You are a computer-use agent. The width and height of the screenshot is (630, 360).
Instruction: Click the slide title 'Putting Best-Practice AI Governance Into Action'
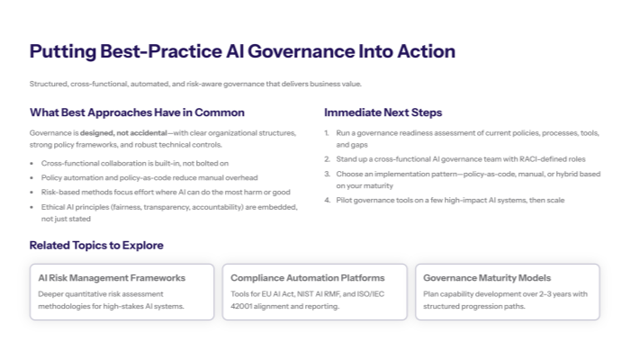[242, 51]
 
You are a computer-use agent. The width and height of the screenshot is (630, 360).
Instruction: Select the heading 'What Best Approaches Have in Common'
[137, 112]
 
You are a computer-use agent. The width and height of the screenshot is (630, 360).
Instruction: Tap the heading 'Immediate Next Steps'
[382, 112]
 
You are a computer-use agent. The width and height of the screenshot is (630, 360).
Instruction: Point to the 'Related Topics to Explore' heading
[96, 245]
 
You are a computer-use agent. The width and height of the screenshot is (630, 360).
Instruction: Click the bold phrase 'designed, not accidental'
[113, 132]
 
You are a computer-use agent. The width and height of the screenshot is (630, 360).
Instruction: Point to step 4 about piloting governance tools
[450, 200]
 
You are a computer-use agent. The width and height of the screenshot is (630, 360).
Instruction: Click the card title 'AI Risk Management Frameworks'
[112, 278]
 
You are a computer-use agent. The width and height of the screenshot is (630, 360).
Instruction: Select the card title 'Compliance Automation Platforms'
[307, 278]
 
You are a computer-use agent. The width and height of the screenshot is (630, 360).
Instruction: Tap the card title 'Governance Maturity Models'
[487, 278]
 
